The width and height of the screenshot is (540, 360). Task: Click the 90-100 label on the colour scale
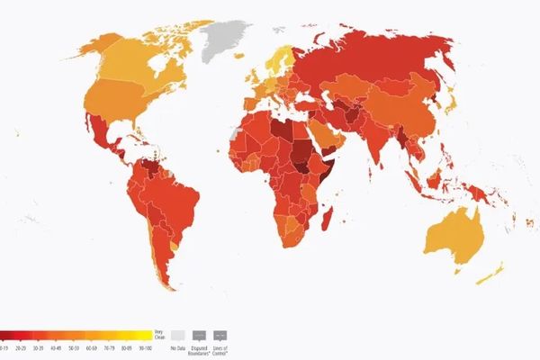click(141, 347)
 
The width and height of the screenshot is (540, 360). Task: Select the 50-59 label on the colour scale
click(73, 347)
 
